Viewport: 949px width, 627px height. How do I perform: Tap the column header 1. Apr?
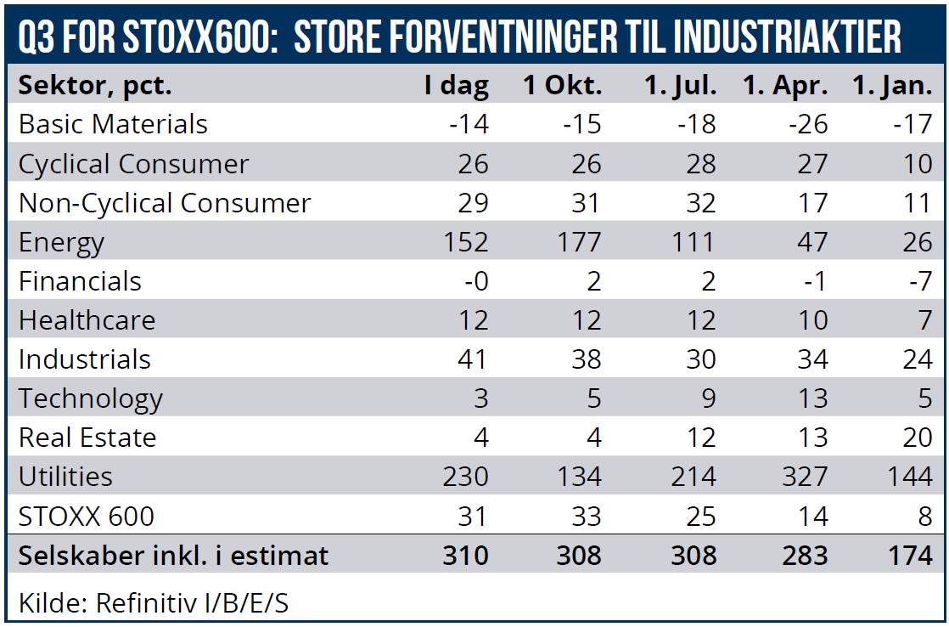pos(784,86)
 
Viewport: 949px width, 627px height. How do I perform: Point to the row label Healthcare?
pos(87,320)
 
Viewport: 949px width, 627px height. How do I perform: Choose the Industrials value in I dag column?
pos(469,359)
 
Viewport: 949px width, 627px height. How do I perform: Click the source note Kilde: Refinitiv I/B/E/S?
pos(154,603)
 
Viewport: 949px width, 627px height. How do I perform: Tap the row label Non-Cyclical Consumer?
pos(165,203)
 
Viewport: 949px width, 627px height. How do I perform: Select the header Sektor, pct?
pos(95,86)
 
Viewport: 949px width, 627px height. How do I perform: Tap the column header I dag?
pos(457,86)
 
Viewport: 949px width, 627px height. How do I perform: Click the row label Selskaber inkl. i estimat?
pos(173,556)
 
